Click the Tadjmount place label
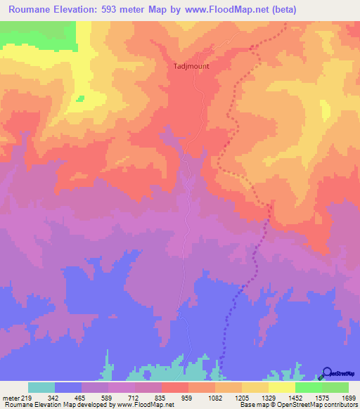click(x=191, y=66)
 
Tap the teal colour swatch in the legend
click(x=41, y=387)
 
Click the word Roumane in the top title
click(x=31, y=10)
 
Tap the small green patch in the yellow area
click(x=80, y=98)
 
